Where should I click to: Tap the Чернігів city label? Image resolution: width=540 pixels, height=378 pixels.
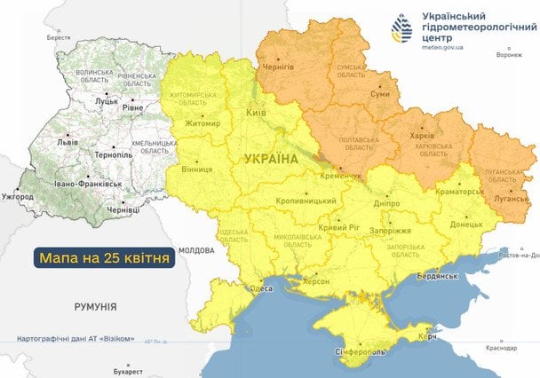point(278,67)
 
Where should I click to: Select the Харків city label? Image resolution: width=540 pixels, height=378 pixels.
point(426,138)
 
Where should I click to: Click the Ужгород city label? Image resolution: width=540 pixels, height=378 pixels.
point(19,195)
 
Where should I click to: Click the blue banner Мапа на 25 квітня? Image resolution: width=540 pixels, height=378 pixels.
point(103,258)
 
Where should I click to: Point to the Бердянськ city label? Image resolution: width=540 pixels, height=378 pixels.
point(434,276)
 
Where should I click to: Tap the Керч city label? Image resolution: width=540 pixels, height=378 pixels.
point(427,340)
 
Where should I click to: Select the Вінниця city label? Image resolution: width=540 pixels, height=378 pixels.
point(195,169)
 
